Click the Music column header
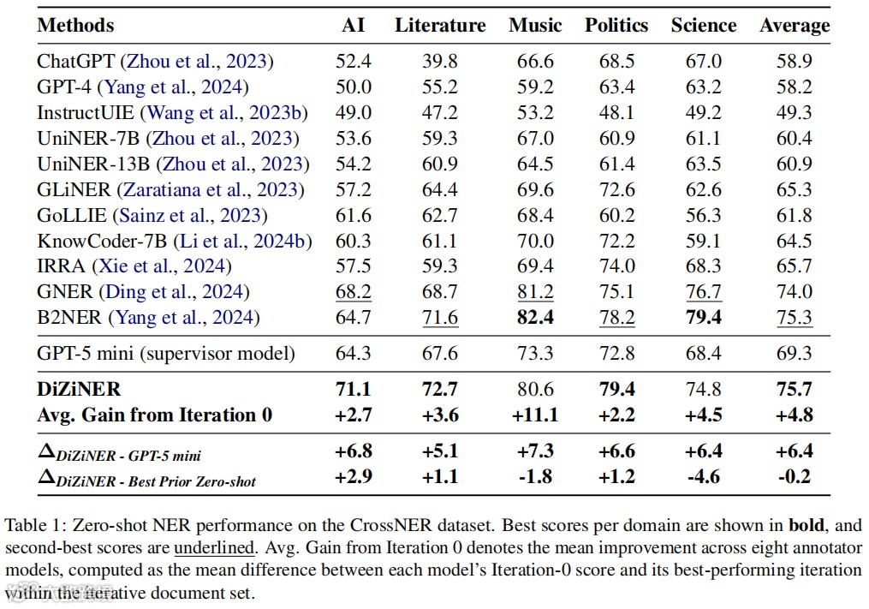(535, 26)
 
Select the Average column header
(795, 26)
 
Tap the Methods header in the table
(75, 26)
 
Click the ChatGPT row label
(76, 62)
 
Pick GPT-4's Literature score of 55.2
(439, 87)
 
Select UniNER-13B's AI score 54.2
(353, 164)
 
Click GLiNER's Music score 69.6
(535, 190)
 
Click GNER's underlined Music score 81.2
(535, 293)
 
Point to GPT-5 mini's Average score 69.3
(795, 353)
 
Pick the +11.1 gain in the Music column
(535, 415)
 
